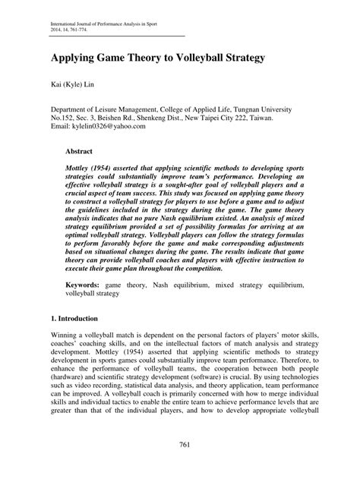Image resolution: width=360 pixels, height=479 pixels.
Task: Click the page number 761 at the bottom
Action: [x=180, y=443]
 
